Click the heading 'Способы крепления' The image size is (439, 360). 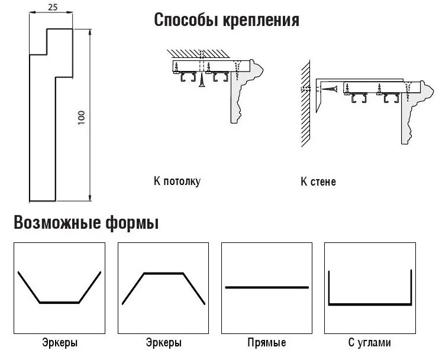tap(227, 21)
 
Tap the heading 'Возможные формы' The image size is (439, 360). tap(86, 223)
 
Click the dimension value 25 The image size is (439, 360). tap(52, 8)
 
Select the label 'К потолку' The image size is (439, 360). tap(177, 181)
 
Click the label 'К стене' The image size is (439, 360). tap(318, 181)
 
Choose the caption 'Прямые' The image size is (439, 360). tap(266, 343)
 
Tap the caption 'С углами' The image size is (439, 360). tap(370, 343)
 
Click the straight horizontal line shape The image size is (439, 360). tap(267, 287)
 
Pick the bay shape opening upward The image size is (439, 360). tap(59, 301)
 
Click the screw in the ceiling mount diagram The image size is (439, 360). tap(202, 79)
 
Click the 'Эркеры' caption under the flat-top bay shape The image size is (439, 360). tap(163, 343)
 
